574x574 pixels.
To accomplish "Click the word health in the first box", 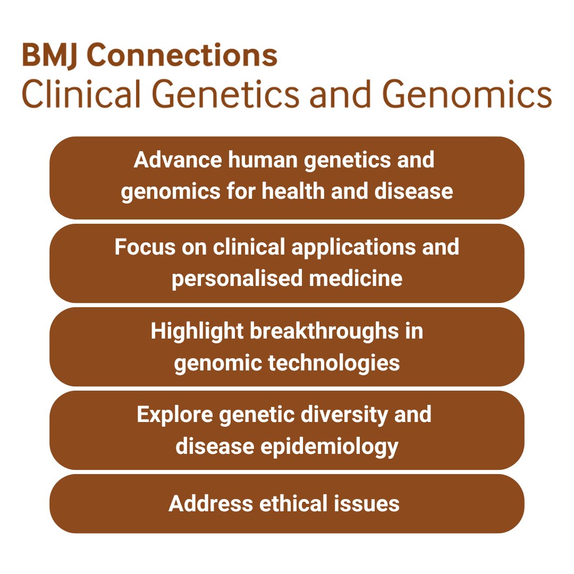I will (x=291, y=191).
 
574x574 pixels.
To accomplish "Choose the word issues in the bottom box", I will (x=370, y=503).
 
